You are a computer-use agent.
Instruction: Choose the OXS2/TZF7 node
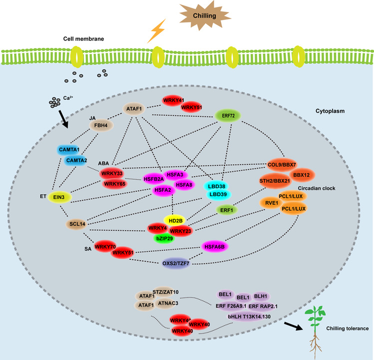[180, 263]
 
